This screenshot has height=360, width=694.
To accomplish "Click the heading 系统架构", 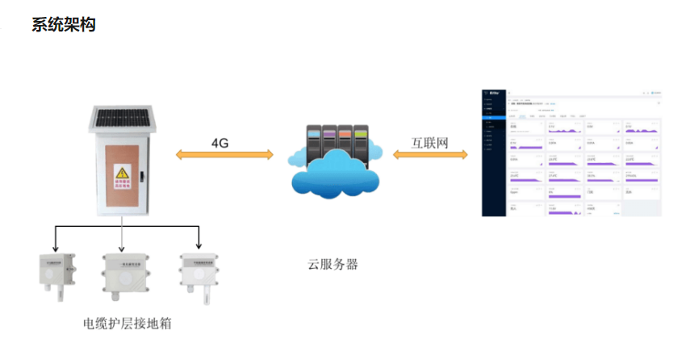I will tap(64, 25).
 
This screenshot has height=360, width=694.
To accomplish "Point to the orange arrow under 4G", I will tap(224, 155).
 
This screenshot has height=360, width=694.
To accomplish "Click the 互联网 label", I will tap(429, 143).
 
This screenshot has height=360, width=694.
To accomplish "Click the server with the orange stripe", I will tap(345, 141).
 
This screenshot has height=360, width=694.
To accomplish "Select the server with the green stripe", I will tap(361, 141).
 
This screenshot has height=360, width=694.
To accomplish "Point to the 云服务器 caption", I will tap(332, 264).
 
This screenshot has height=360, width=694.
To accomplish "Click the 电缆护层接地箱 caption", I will tap(128, 323).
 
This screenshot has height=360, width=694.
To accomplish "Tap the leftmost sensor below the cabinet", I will tap(55, 272).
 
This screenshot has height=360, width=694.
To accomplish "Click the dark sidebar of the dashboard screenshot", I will tap(493, 153).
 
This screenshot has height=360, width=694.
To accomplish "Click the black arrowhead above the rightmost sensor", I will tap(199, 245).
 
